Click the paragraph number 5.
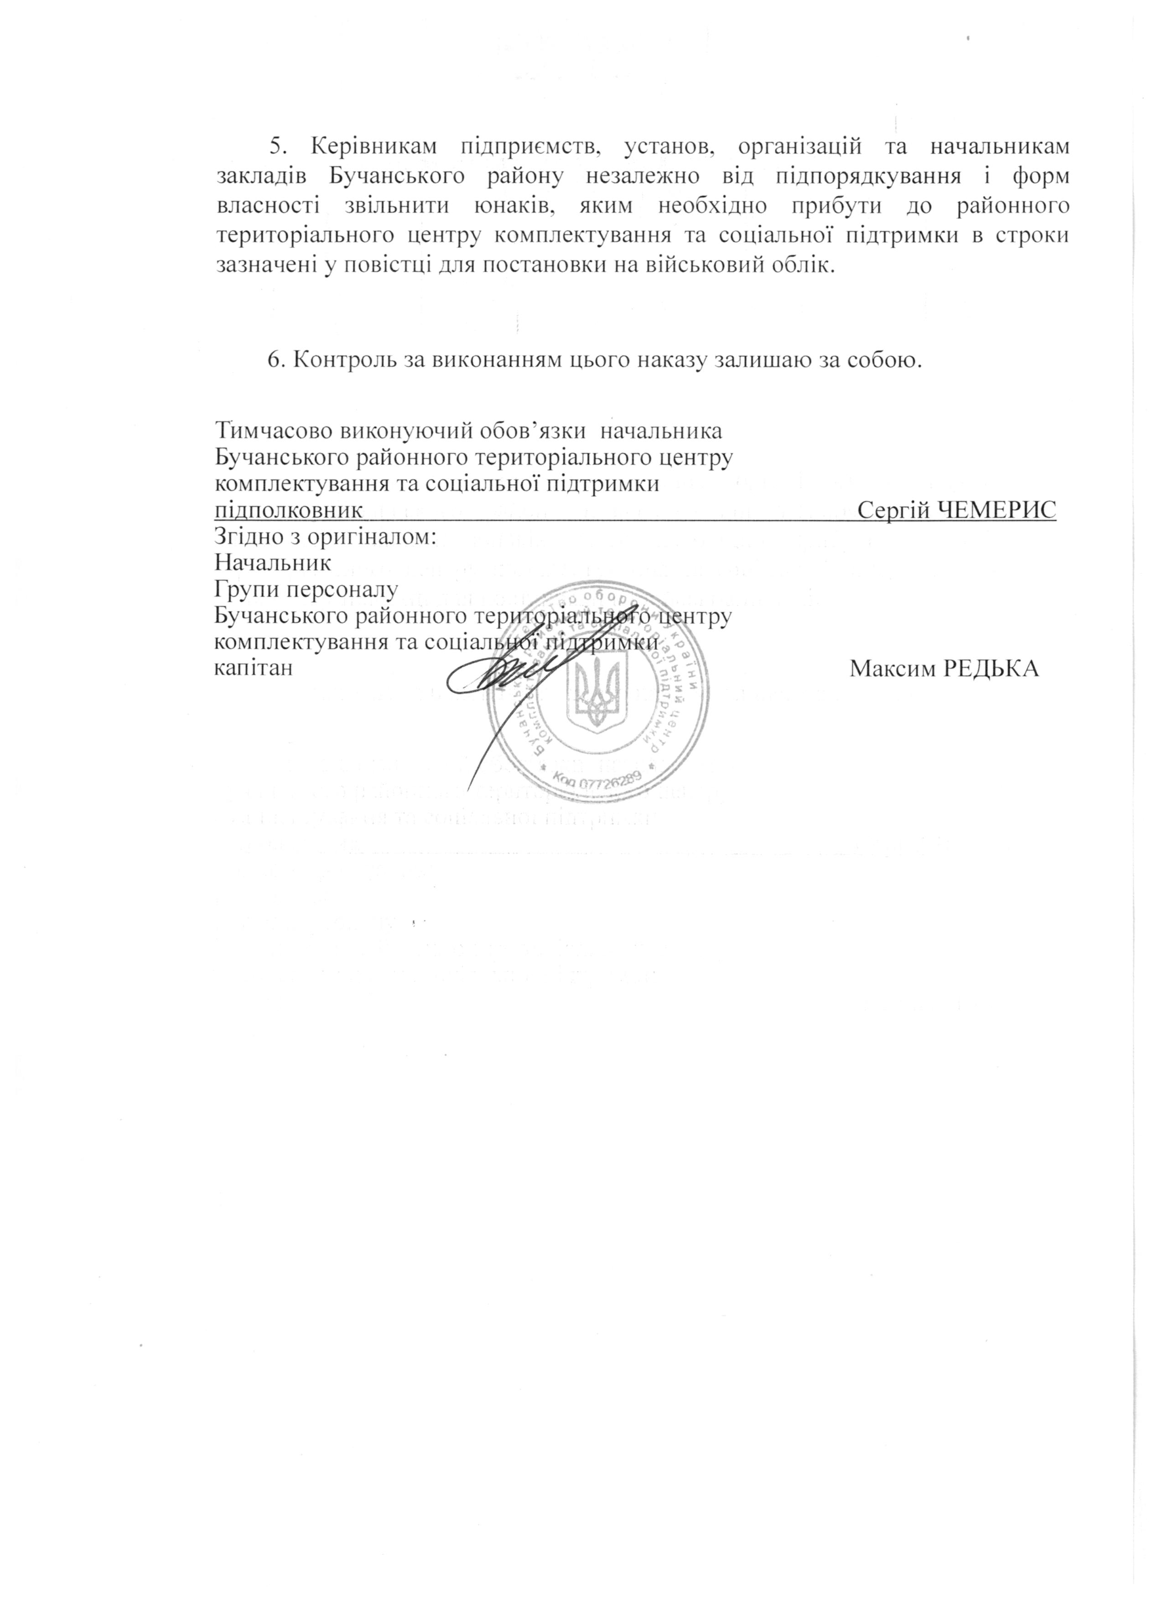click(x=276, y=146)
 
